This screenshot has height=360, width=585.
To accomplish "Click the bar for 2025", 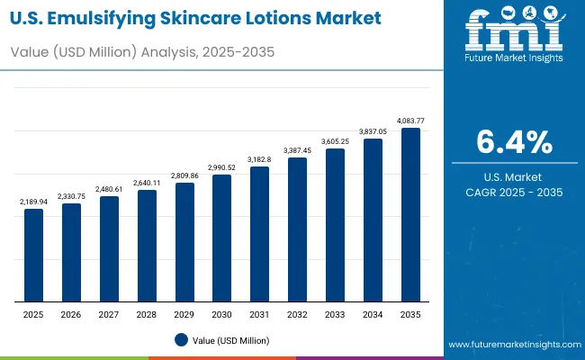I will [x=33, y=255].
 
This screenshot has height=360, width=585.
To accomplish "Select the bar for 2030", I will [x=221, y=238].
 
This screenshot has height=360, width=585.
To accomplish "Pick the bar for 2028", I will [x=147, y=246].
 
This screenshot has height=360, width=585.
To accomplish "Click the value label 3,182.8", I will [x=259, y=159].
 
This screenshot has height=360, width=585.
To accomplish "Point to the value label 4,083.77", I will [x=410, y=121].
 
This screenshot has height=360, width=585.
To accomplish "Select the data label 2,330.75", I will [x=71, y=196].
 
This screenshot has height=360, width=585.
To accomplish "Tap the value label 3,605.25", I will [x=335, y=141].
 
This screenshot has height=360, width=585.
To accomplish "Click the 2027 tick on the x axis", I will [x=109, y=314].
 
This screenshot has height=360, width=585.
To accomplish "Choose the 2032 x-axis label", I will [x=297, y=314].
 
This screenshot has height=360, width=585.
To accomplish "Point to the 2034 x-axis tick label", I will [x=373, y=314].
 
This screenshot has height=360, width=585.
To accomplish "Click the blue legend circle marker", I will [x=181, y=340].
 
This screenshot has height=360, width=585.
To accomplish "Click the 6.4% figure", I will [x=514, y=141].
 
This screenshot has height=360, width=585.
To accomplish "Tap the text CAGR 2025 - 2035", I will [x=514, y=193].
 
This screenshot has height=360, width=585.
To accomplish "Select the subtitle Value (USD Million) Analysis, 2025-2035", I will [x=142, y=52].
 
